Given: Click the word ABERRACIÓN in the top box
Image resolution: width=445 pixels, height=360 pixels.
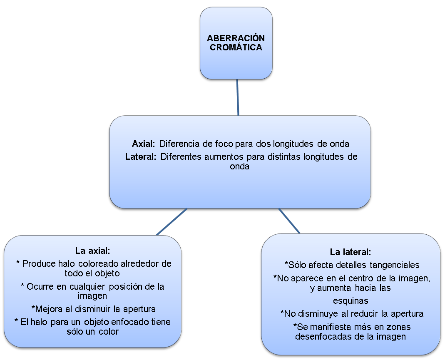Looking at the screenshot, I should [236, 38].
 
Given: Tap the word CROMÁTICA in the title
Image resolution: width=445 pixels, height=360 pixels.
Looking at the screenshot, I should [236, 47].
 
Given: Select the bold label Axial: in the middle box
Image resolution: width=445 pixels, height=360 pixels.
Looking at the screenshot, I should [144, 144].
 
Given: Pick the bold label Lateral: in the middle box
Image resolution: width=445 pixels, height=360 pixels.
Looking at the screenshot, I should [141, 157].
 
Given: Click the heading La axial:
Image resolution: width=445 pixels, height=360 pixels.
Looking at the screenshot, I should [92, 251].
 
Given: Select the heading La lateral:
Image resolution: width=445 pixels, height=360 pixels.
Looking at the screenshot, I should [350, 252].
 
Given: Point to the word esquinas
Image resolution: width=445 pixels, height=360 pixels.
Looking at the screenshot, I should [351, 300].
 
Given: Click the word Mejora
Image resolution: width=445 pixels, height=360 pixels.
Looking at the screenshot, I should [47, 309].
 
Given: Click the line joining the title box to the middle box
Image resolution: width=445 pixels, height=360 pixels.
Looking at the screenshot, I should [238, 97].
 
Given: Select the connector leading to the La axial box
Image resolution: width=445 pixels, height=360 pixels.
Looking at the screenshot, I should [172, 221].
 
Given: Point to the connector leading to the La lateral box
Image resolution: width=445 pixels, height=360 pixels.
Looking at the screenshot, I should [289, 221].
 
